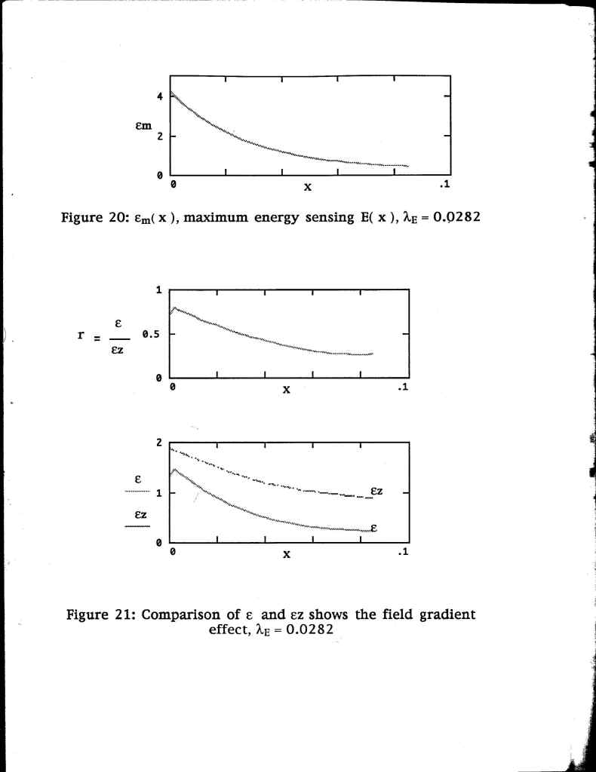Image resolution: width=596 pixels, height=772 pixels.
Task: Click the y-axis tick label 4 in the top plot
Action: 159,96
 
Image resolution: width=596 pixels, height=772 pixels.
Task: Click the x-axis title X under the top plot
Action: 308,186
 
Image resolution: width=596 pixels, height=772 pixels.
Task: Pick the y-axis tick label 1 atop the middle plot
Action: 159,289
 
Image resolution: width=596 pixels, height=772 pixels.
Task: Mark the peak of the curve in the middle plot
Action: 174,307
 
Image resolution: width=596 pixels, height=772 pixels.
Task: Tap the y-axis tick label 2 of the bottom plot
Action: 159,443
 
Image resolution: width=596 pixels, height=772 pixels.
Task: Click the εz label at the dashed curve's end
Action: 378,492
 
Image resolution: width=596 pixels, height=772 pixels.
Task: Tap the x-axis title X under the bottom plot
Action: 287,556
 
